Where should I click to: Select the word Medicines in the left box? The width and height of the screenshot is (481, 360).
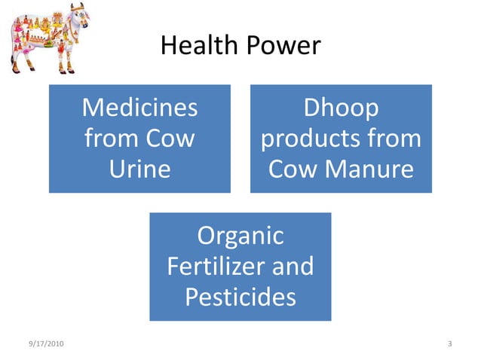coord(139,108)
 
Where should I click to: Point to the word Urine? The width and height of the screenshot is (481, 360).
coord(139,169)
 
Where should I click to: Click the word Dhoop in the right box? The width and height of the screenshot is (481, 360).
coord(341,108)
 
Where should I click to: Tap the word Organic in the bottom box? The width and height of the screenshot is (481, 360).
coord(240,236)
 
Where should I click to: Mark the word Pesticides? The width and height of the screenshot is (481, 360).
coord(240,297)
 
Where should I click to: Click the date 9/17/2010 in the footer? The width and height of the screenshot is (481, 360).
coord(45,344)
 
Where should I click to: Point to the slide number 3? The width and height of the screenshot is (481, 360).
coord(449,344)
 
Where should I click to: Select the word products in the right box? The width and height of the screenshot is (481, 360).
coord(310,139)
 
